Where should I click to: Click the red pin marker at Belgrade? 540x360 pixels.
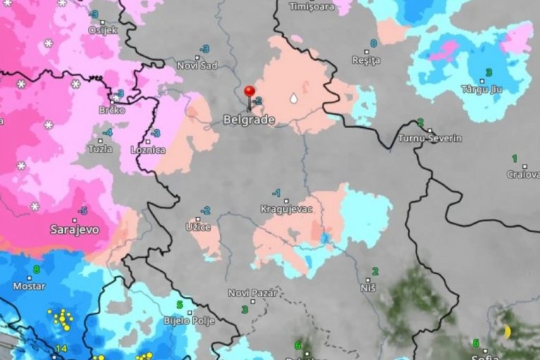click(x=249, y=92)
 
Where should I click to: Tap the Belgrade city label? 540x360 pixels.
click(x=248, y=120)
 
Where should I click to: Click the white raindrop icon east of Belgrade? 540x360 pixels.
click(x=293, y=99)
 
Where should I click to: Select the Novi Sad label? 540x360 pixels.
click(x=197, y=66)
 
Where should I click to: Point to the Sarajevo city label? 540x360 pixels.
click(x=74, y=229)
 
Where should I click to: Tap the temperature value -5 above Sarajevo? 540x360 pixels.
click(x=83, y=211)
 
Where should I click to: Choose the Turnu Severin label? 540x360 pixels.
click(x=430, y=138)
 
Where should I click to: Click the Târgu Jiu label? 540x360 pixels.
click(x=483, y=89)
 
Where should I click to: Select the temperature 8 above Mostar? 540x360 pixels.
click(x=36, y=269)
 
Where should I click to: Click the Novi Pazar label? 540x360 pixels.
click(x=253, y=293)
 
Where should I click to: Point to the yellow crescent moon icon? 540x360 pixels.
click(x=507, y=331)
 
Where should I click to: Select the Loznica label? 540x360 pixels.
click(x=148, y=150)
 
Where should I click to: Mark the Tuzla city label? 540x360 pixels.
click(x=100, y=149)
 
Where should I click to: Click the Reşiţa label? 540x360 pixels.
click(x=366, y=61)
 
